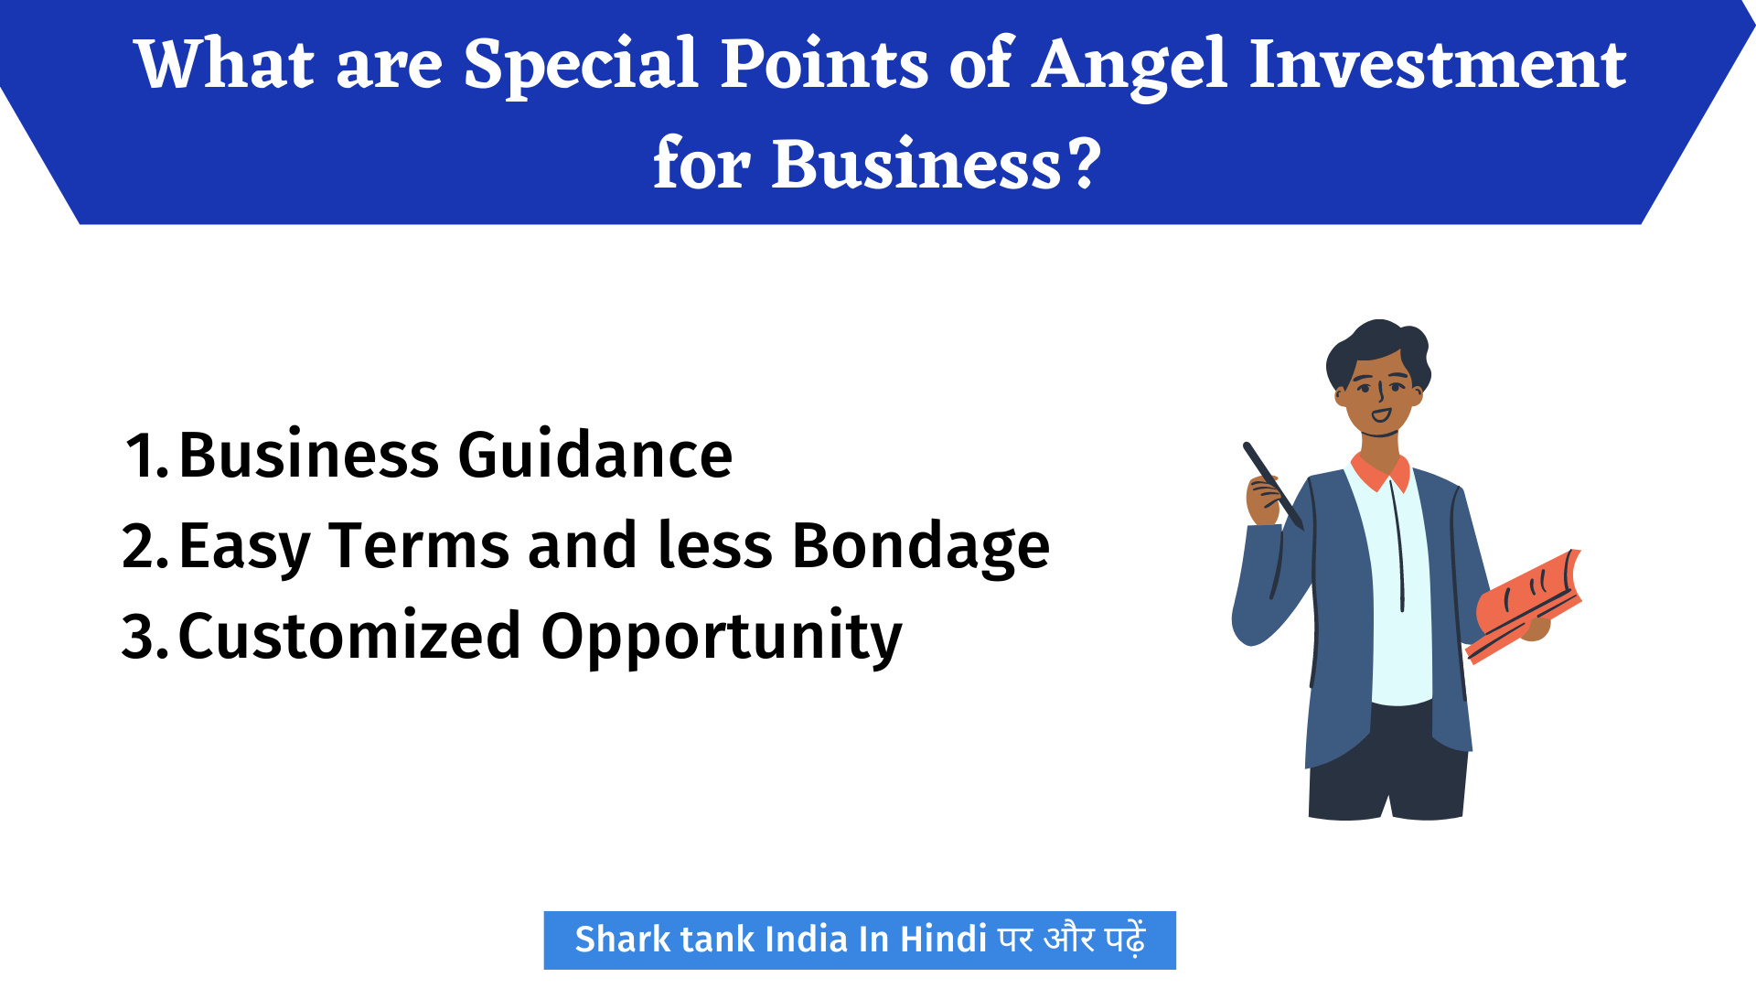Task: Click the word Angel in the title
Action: tap(1130, 66)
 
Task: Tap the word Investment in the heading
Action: tap(1437, 66)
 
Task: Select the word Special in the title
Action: tap(581, 66)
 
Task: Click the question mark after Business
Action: tap(1086, 165)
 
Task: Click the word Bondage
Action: tap(920, 547)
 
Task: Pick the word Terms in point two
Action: tap(420, 546)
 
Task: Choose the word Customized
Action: tap(349, 637)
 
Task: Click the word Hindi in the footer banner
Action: tap(943, 940)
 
